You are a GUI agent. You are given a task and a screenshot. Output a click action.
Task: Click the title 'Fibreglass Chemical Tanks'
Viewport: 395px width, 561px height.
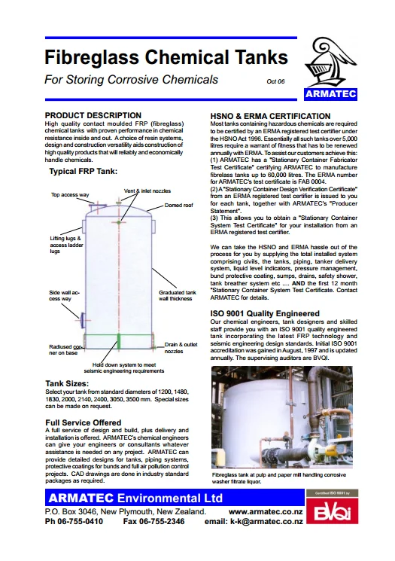(166, 57)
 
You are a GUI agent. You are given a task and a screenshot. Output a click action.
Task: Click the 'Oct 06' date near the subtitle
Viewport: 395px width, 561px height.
(276, 81)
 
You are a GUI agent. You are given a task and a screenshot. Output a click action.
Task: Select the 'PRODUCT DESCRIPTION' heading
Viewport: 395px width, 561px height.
(93, 115)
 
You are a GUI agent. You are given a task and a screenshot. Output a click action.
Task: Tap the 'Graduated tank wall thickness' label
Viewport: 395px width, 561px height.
(178, 294)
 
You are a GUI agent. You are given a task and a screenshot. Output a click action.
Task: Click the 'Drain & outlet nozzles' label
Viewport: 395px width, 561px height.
(178, 346)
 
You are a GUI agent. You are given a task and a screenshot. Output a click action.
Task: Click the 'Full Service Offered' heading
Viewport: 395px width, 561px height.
(83, 422)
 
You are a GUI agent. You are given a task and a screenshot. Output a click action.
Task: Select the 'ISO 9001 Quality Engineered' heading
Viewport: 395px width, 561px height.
(265, 313)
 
